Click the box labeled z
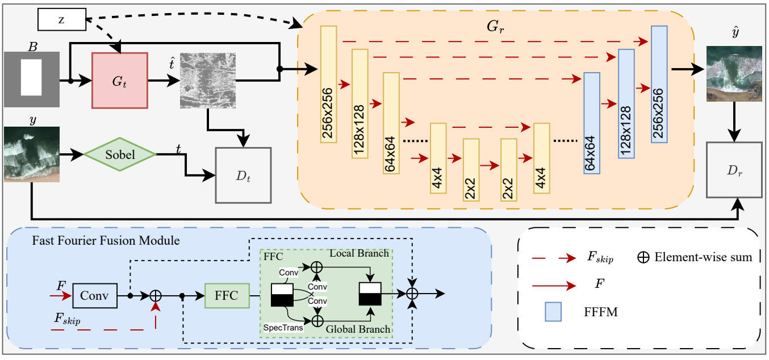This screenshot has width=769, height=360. click(61, 20)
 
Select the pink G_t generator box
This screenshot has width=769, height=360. click(120, 81)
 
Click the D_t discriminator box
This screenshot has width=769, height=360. click(243, 175)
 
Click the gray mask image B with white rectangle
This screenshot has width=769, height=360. click(32, 79)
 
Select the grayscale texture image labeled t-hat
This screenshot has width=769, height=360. click(207, 81)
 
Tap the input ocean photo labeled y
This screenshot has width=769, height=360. click(32, 154)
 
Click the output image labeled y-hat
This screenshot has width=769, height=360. click(734, 74)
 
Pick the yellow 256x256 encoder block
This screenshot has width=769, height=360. click(329, 85)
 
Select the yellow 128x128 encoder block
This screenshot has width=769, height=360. click(360, 104)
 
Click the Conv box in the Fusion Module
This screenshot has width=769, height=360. click(95, 296)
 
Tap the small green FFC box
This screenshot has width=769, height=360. click(227, 296)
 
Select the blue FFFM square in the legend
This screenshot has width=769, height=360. click(553, 312)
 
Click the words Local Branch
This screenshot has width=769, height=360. click(359, 253)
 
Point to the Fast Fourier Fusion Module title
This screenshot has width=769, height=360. click(106, 241)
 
